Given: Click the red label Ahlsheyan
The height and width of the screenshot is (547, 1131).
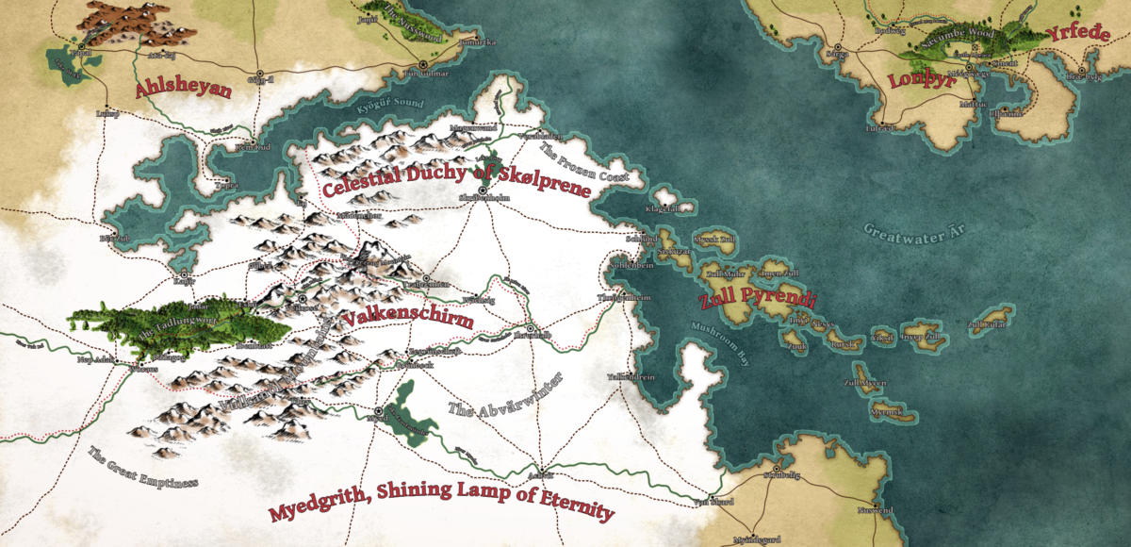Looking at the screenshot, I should [x=184, y=90].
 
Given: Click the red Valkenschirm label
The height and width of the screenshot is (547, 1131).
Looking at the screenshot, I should [x=407, y=318].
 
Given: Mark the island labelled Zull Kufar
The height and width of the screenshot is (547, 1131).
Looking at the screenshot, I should [x=988, y=325].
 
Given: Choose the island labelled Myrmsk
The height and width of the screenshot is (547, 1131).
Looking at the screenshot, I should [x=887, y=412].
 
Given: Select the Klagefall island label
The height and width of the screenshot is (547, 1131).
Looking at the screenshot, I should [x=663, y=208].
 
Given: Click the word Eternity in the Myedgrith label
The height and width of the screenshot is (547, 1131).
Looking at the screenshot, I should [x=568, y=513].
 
